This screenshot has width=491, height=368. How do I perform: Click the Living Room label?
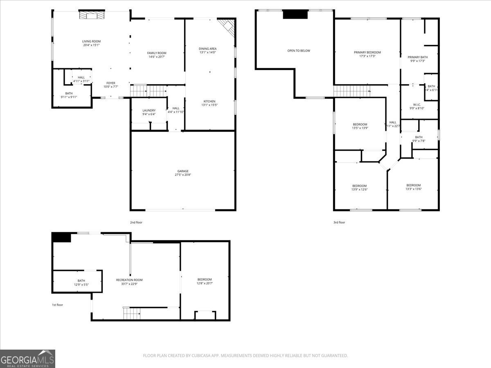91,41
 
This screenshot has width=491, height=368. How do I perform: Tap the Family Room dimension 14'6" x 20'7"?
157,57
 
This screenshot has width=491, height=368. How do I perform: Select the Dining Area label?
207,49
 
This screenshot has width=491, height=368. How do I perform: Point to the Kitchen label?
209,101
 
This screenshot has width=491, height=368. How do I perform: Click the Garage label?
183,171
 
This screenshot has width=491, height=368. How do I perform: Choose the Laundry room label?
149,110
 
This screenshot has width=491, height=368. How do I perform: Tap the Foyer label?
111,83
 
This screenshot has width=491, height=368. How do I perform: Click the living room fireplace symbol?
91,16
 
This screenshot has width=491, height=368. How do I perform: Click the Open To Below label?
299,51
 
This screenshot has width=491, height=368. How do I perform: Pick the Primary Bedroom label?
367,52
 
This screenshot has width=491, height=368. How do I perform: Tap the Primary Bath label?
417,57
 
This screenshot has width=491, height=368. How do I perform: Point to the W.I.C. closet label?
417,105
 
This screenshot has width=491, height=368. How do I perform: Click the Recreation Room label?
129,280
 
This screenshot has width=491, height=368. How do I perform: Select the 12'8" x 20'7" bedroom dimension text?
205,283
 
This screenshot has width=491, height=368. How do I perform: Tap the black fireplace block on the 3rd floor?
295,14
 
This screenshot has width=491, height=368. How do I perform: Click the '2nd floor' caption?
136,222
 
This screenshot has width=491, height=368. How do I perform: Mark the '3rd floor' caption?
339,222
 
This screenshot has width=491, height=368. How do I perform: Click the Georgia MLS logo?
27,359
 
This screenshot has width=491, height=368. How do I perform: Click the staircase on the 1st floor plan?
132,314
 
